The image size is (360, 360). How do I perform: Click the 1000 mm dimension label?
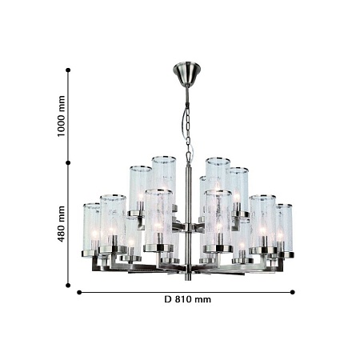pyautogui.click(x=61, y=116)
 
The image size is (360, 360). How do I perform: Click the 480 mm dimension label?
pyautogui.click(x=61, y=224)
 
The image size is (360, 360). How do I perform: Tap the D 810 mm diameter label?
pyautogui.click(x=187, y=299)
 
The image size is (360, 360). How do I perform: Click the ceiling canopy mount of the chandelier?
pyautogui.click(x=186, y=74)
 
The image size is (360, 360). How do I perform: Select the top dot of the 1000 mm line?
pyautogui.click(x=68, y=70)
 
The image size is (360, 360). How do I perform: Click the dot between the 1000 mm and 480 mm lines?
pyautogui.click(x=68, y=162)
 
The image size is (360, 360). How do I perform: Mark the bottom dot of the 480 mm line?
pyautogui.click(x=68, y=286)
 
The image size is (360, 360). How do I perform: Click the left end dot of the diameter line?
pyautogui.click(x=79, y=293)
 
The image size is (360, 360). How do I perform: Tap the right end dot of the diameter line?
pyautogui.click(x=292, y=292)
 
